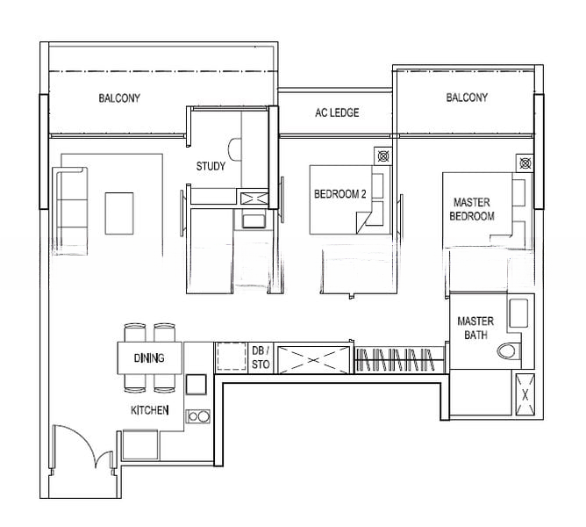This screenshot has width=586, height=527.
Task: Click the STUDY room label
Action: [211, 166]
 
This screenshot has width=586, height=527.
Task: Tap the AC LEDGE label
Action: [337, 112]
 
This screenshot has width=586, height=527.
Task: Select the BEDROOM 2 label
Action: [340, 194]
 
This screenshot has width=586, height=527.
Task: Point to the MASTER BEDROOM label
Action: [472, 209]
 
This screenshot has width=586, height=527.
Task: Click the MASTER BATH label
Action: [475, 328]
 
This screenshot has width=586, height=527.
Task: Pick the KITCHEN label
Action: [149, 410]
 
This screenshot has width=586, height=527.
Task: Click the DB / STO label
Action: [261, 357]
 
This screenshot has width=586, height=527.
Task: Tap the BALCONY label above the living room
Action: [119, 98]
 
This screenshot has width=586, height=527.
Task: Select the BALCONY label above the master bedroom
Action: [467, 97]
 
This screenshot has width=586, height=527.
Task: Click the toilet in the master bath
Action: [509, 350]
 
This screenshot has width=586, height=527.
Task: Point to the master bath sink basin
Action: [518, 313]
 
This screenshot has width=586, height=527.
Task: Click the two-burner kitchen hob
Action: [198, 416]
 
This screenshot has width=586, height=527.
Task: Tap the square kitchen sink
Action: [197, 385]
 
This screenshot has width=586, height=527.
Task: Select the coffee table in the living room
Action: [119, 213]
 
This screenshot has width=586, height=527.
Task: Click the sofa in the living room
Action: [70, 212]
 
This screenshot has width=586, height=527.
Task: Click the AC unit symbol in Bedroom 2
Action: [382, 155]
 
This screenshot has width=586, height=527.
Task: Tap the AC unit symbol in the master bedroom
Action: [525, 162]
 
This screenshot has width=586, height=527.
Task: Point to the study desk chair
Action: [234, 149]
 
